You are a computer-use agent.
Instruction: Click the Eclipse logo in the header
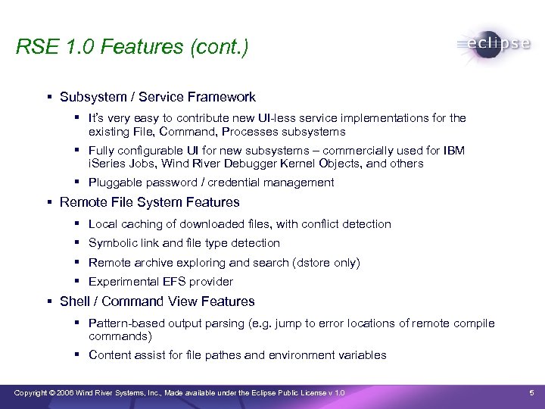(494, 44)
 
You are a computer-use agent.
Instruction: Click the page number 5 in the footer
(532, 392)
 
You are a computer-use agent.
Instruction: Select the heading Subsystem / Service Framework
(157, 97)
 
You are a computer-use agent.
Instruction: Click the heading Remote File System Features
(149, 202)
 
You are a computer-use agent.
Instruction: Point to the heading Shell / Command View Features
(157, 301)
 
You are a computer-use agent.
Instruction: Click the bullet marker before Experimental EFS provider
(78, 282)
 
